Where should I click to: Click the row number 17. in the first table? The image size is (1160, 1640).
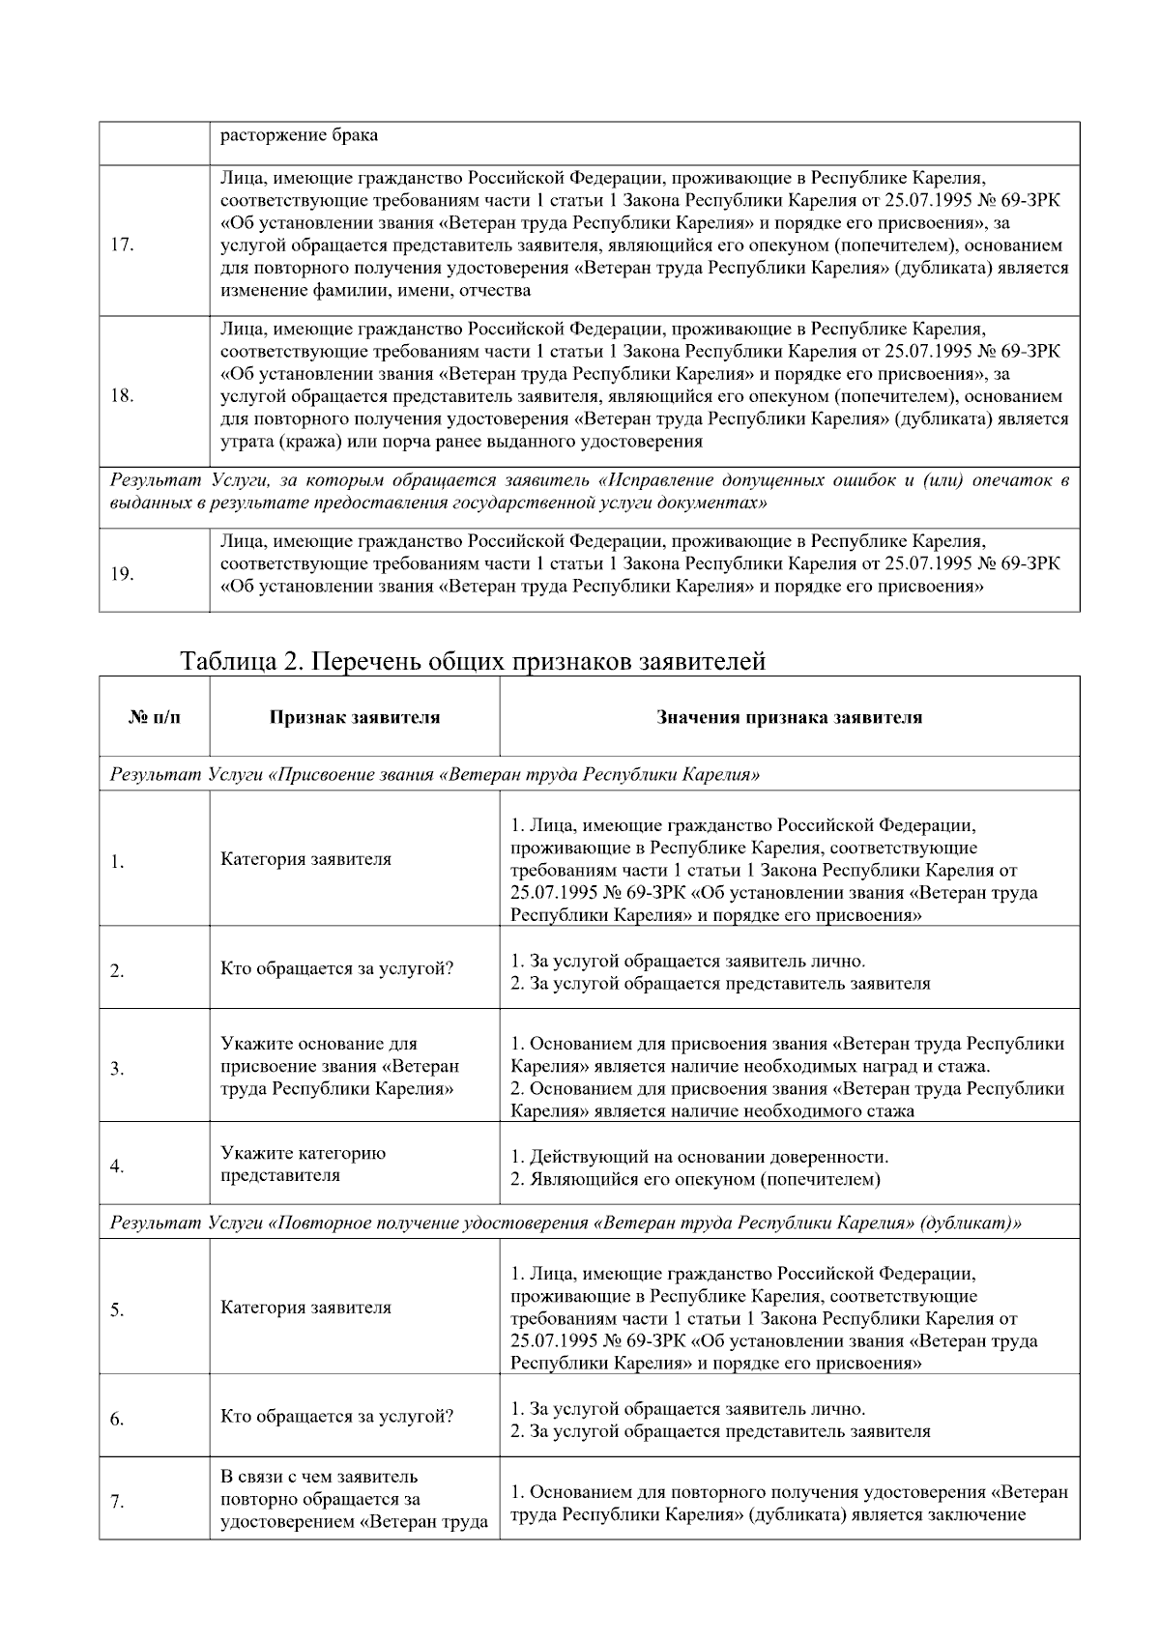(x=122, y=244)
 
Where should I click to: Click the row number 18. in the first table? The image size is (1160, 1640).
(x=122, y=395)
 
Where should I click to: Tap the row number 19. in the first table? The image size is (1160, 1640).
(x=122, y=574)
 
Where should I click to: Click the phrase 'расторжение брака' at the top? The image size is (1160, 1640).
(x=299, y=135)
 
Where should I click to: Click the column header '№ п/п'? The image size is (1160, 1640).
(x=154, y=717)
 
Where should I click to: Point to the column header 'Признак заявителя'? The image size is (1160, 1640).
(x=354, y=717)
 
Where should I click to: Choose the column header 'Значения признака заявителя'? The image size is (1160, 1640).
(x=789, y=717)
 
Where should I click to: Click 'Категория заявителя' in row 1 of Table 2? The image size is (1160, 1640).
(x=305, y=859)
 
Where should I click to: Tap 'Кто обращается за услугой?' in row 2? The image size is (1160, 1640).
(x=336, y=968)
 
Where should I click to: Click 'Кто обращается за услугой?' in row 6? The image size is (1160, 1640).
(x=336, y=1417)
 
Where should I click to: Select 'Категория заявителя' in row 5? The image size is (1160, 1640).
(x=305, y=1308)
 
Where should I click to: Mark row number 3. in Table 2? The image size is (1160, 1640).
(x=116, y=1069)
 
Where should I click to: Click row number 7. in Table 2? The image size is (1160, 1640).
(x=116, y=1502)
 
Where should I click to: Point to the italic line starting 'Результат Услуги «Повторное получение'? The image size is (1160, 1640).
(x=565, y=1223)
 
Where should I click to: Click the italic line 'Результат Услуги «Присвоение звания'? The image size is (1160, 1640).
(x=435, y=775)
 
